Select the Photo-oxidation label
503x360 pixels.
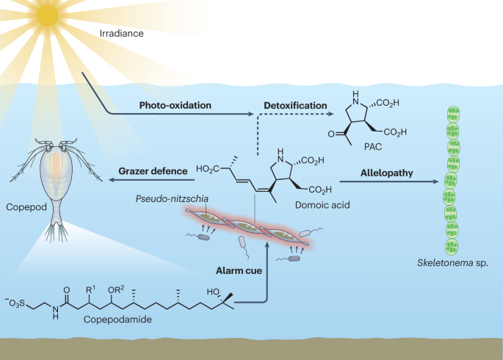tap(175, 106)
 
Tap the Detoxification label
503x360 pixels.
tap(295, 106)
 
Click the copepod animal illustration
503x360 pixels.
tap(52, 176)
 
